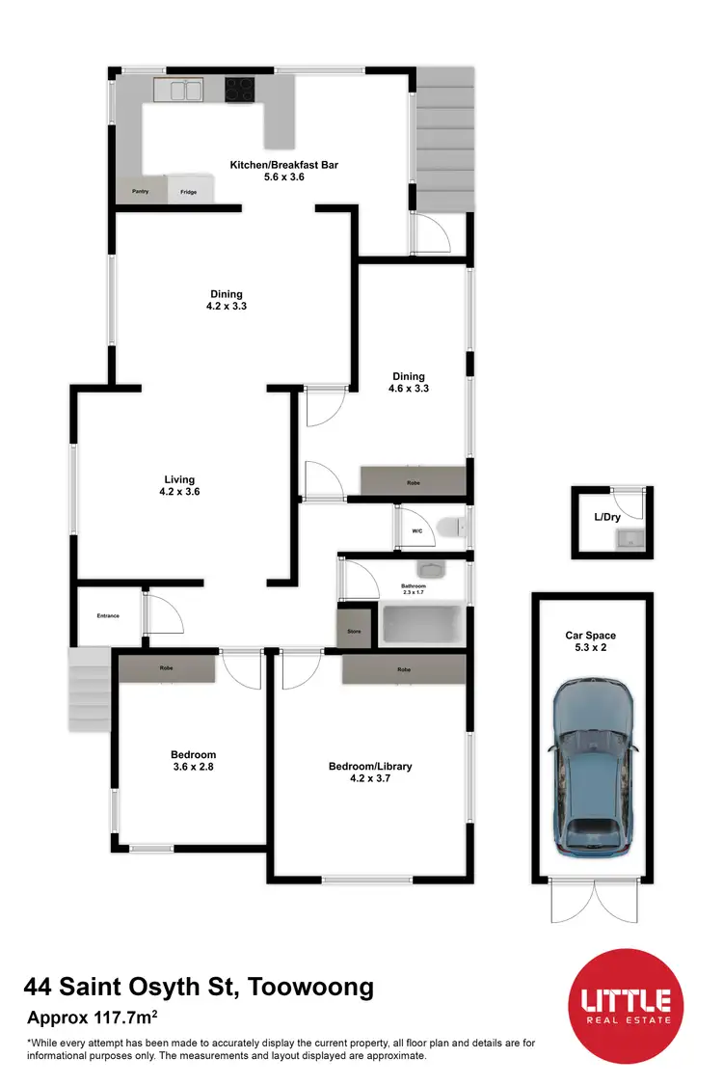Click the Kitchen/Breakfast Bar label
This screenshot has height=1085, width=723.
coord(283,171)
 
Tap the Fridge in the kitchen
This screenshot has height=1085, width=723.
coord(188,191)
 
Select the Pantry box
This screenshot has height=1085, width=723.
coord(141,192)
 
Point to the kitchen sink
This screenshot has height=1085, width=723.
coord(178,91)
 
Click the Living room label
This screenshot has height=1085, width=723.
coord(179,485)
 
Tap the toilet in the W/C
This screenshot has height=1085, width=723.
coord(449,527)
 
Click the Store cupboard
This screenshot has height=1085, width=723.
coord(353,632)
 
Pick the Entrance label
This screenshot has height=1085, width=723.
coord(107,615)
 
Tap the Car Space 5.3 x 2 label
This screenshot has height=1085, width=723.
coord(590,642)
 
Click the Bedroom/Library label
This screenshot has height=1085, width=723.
coord(370,773)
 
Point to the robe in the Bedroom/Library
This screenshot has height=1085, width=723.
coord(404,668)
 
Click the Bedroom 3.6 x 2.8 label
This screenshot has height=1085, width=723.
coord(193,761)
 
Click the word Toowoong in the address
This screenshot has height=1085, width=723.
coord(311,988)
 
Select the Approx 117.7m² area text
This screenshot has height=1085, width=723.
coord(94,1017)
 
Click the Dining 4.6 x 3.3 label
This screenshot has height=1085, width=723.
coord(408,383)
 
